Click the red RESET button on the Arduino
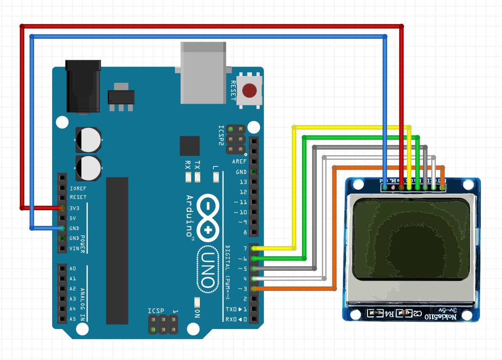[x=249, y=90]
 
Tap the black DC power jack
[x=83, y=87]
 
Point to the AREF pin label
[x=239, y=162]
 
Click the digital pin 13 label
[x=243, y=182]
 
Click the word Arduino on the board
[x=190, y=216]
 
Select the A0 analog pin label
[x=73, y=269]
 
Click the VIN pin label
[x=75, y=248]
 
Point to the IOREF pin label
[x=78, y=188]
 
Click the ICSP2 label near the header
[x=221, y=135]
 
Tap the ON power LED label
[x=197, y=314]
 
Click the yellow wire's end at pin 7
[x=255, y=248]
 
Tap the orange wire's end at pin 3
[x=255, y=289]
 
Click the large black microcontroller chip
[x=117, y=250]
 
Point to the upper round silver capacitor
[x=89, y=139]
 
